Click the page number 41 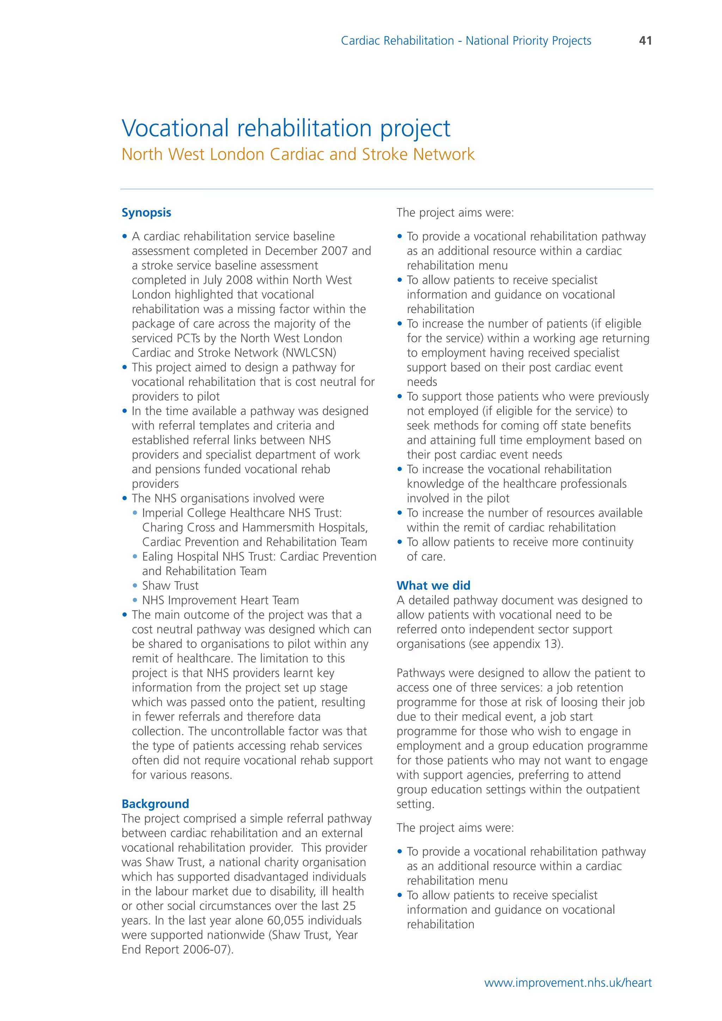tap(645, 41)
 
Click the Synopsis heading tap(146, 213)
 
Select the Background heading tap(155, 804)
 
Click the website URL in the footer tap(568, 983)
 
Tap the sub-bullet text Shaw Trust tap(170, 586)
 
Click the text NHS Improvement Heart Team tap(220, 600)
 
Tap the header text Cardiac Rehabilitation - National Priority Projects tap(466, 41)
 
